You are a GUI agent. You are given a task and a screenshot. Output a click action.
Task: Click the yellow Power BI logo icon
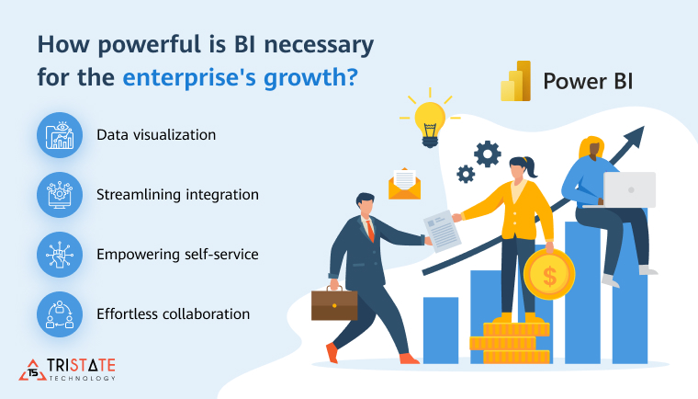[515, 81]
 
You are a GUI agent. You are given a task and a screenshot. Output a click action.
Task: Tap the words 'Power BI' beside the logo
[588, 81]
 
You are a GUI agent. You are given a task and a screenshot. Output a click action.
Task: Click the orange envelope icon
[403, 183]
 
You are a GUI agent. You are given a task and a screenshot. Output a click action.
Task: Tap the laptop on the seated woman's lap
[629, 189]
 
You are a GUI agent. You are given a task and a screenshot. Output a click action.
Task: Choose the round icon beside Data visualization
[60, 135]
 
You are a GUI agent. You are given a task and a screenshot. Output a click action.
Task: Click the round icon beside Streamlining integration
[60, 195]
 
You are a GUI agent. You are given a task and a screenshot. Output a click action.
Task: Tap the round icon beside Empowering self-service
[60, 255]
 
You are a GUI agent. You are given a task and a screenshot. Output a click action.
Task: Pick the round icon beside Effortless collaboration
[60, 314]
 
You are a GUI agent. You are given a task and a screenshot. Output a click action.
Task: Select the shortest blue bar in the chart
[441, 328]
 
